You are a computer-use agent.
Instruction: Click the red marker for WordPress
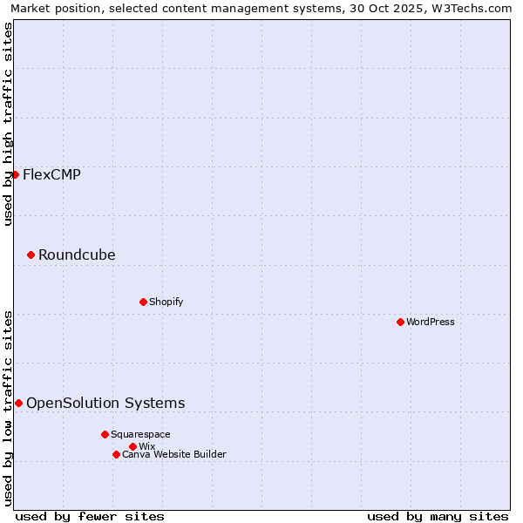click(400, 322)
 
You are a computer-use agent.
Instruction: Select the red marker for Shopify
click(143, 302)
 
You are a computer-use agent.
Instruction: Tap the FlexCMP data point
click(15, 174)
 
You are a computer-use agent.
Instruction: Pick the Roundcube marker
click(31, 255)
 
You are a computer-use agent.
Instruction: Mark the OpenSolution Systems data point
click(18, 403)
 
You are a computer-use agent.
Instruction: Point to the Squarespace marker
click(105, 434)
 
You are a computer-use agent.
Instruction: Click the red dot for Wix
click(132, 446)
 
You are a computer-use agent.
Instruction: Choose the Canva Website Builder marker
click(116, 454)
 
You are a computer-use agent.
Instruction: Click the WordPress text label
click(431, 322)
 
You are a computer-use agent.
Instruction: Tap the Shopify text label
click(166, 302)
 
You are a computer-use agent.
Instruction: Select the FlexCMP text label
click(51, 174)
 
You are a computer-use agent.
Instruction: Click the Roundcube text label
click(77, 255)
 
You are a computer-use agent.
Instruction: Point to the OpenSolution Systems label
click(105, 403)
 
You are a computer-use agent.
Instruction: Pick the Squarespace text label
click(140, 434)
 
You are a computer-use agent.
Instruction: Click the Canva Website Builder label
click(174, 454)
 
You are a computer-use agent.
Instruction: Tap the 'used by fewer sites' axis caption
click(90, 516)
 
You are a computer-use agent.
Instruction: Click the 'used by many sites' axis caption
click(438, 516)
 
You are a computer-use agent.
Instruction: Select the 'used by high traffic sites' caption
click(8, 124)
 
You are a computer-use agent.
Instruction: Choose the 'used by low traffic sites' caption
click(8, 408)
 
